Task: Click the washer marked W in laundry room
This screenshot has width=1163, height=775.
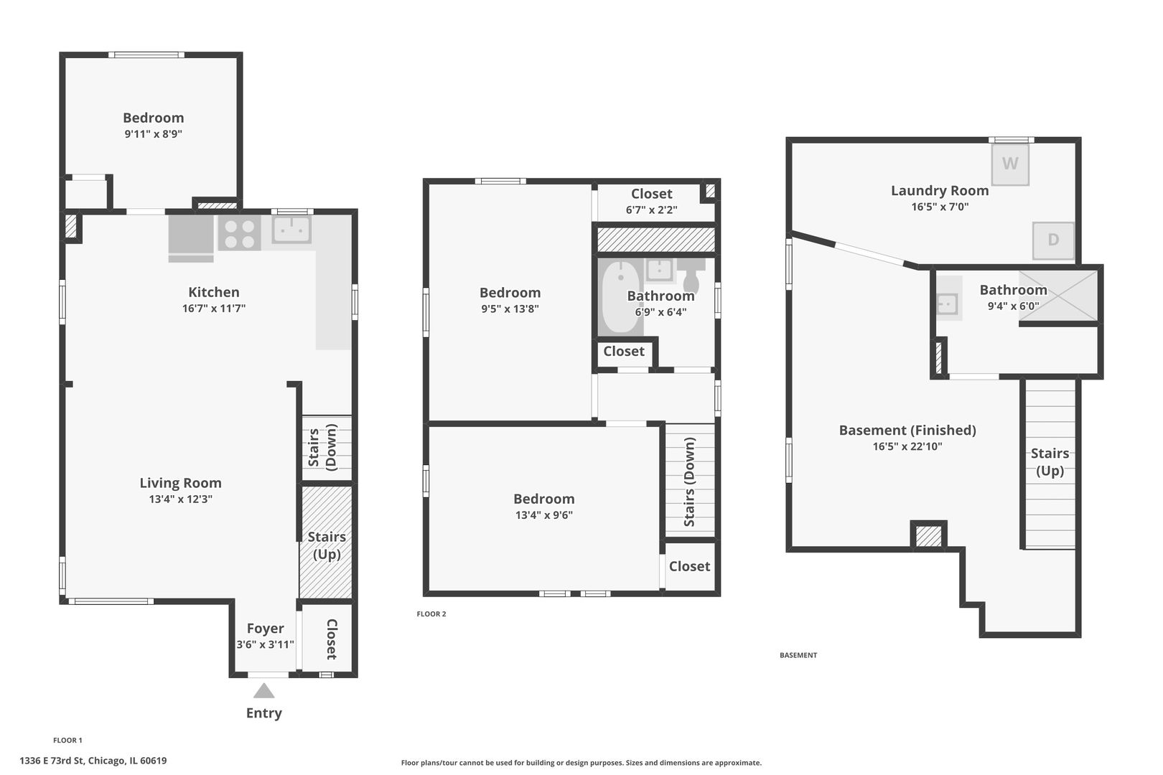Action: coord(1010,164)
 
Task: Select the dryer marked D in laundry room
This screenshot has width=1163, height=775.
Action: coord(1052,240)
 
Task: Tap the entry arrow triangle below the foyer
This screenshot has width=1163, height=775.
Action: coord(264,691)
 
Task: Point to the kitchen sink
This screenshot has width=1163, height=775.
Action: coord(291,230)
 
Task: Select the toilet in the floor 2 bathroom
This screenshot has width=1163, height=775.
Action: coord(691,276)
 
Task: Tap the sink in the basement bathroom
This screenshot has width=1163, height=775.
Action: coord(948,304)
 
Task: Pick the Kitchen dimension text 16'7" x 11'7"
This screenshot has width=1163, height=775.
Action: coord(214,309)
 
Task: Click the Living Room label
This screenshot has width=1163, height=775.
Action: coord(180,483)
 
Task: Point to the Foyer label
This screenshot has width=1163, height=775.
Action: coord(265,629)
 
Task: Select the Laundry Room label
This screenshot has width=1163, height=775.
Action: coord(940,190)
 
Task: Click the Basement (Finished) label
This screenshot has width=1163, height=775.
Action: coord(907,430)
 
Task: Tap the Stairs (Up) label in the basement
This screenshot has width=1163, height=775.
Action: coord(1050,462)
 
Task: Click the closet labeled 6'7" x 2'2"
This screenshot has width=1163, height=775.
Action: coord(651,202)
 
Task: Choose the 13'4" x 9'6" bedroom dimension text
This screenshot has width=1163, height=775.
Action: coord(543,515)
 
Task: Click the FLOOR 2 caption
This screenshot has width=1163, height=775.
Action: coord(431,614)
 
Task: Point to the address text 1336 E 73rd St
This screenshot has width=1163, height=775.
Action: coord(93,761)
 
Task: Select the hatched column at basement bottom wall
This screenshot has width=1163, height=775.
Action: coord(928,536)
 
